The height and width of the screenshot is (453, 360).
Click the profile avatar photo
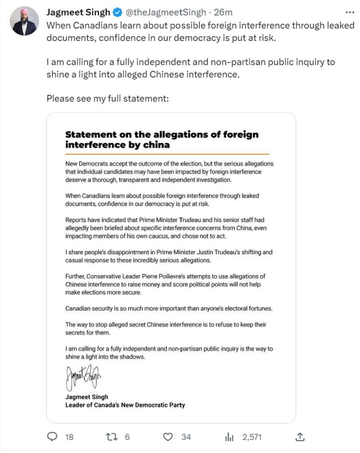[x=25, y=21]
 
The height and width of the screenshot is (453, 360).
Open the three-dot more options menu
[x=349, y=13]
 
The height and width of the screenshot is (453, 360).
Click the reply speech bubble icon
[x=53, y=437]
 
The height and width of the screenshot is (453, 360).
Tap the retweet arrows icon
[x=111, y=437]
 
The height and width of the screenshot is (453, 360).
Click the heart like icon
[x=169, y=437]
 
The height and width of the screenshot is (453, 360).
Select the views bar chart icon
[x=229, y=437]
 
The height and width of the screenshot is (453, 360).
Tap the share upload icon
[x=301, y=437]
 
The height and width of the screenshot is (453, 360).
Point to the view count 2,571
[x=252, y=437]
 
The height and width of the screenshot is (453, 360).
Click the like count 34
[x=186, y=437]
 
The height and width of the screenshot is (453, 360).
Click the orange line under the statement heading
[x=167, y=153]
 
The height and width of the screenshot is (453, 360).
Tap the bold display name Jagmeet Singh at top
[x=78, y=13]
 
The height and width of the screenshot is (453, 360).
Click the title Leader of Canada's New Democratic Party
[x=125, y=405]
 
